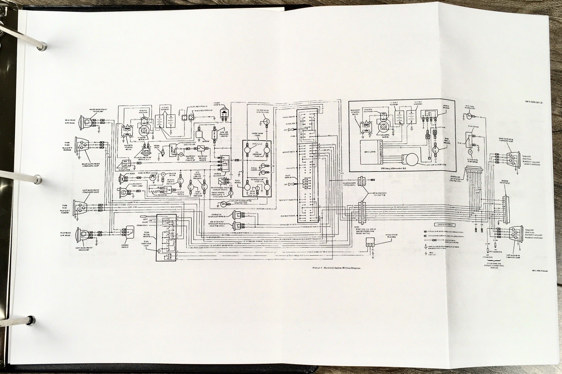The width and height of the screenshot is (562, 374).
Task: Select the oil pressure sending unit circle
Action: (266, 122)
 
